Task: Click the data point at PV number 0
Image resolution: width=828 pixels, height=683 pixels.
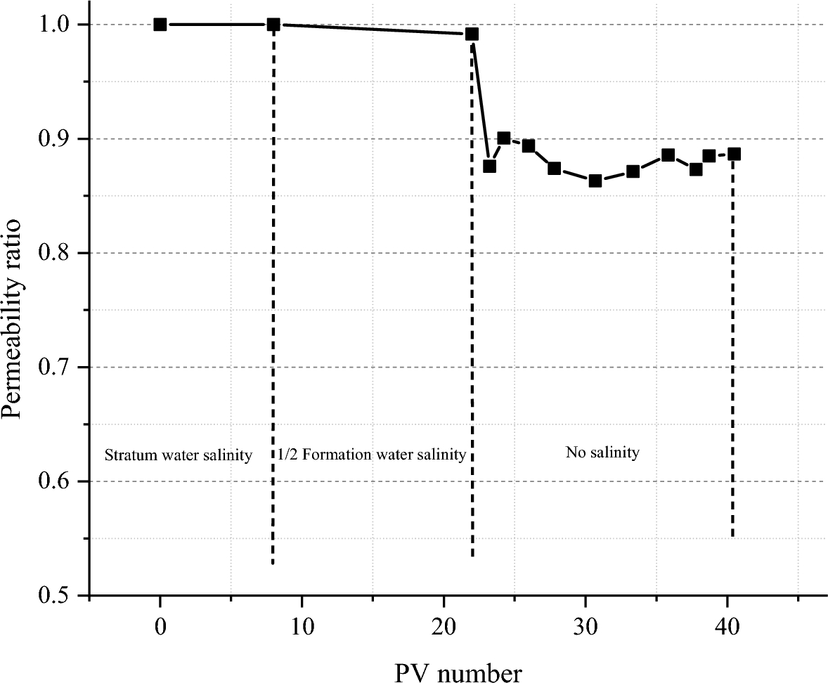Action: (160, 25)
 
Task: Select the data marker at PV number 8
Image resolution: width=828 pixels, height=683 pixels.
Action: (273, 25)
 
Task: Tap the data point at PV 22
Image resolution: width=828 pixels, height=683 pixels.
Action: (472, 34)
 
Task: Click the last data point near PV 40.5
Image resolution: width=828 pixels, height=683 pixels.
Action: (734, 154)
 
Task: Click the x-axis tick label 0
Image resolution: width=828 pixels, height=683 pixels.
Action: (160, 625)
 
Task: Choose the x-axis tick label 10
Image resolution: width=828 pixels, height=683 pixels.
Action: (302, 625)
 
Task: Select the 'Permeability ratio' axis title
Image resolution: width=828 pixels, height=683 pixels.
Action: (15, 309)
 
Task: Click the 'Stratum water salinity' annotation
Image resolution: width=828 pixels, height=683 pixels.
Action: (178, 455)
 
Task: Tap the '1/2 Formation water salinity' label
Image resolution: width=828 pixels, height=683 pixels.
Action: (372, 455)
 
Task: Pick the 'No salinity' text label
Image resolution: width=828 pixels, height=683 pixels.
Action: (602, 453)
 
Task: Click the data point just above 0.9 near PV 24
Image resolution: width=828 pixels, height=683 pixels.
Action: (504, 138)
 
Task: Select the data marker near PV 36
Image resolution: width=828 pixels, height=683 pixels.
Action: (668, 155)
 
